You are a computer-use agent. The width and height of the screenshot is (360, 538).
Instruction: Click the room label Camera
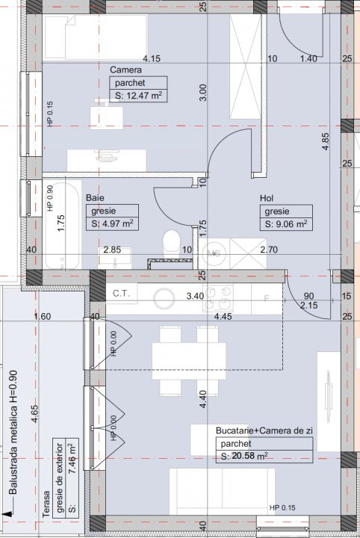(122, 70)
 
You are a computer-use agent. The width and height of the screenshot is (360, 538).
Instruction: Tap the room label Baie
(94, 198)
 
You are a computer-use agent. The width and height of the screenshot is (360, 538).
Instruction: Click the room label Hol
(267, 198)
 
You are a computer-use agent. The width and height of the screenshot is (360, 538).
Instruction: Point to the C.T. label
(122, 294)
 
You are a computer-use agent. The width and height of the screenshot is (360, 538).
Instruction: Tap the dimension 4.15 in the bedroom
(153, 58)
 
